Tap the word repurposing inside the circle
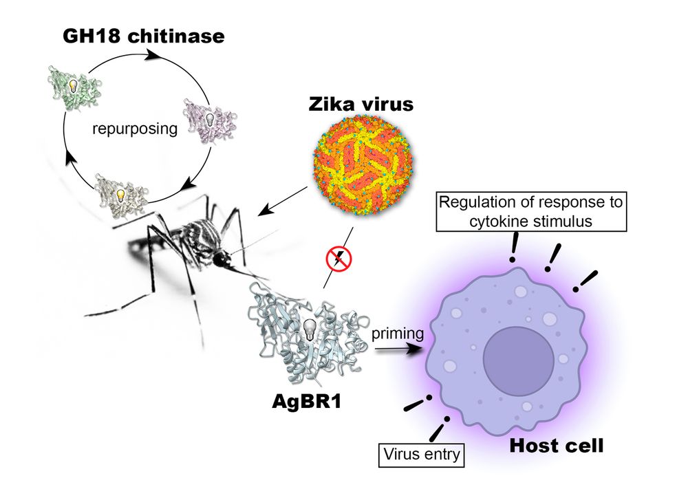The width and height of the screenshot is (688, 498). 130,128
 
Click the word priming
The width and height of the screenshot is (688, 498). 396,334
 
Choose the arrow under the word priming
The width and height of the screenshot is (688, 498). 398,349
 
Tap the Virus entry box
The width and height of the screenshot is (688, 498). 421,453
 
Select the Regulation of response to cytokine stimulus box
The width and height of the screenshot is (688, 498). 530,213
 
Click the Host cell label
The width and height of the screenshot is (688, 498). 556,446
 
